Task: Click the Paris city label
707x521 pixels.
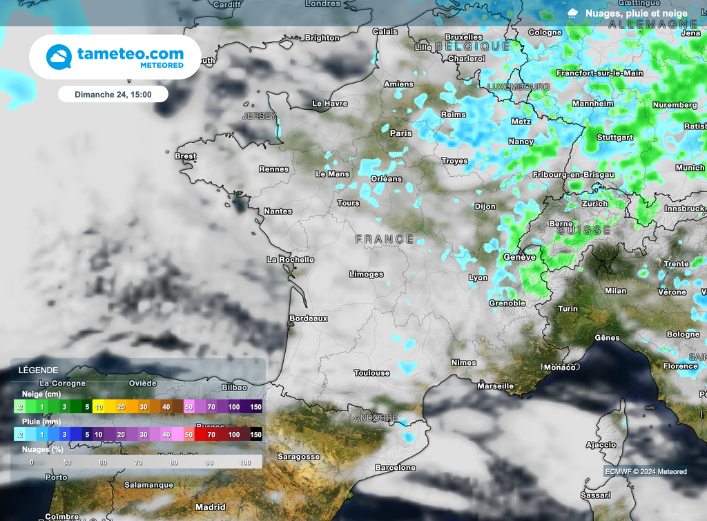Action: (400, 133)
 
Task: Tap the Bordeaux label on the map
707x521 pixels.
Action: (308, 319)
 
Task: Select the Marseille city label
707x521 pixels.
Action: (495, 386)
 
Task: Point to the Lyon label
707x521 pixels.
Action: (478, 278)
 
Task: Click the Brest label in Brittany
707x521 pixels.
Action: (185, 156)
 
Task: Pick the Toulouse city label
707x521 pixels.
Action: (371, 373)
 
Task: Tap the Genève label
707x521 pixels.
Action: (520, 257)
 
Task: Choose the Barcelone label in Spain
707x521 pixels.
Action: (395, 468)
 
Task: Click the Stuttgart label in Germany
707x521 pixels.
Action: (614, 138)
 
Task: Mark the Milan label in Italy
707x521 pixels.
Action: (615, 291)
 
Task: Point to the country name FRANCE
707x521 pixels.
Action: (385, 239)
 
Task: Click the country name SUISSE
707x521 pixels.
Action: (584, 231)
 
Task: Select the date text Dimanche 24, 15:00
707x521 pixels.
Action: (113, 94)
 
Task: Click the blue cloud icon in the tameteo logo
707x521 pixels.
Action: (59, 57)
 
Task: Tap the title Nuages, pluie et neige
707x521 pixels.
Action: (636, 13)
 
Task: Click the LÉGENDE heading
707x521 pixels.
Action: (39, 370)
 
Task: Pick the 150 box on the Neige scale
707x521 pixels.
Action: (256, 408)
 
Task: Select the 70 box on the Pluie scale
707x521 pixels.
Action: (211, 435)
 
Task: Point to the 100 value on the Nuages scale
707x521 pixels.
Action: (244, 462)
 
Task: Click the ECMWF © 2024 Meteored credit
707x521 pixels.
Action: (646, 472)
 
